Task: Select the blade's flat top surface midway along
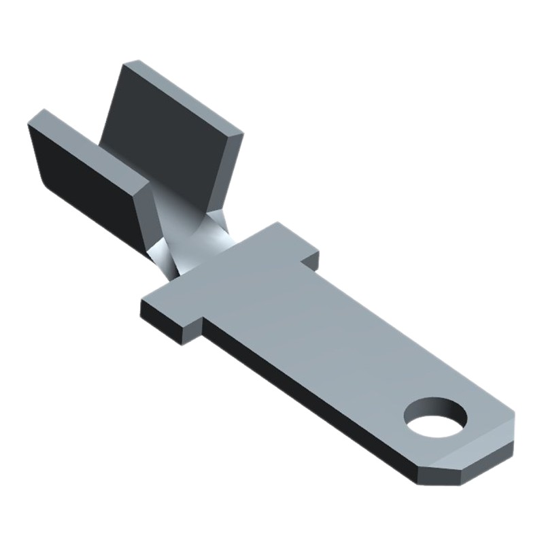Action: [x=326, y=333]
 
